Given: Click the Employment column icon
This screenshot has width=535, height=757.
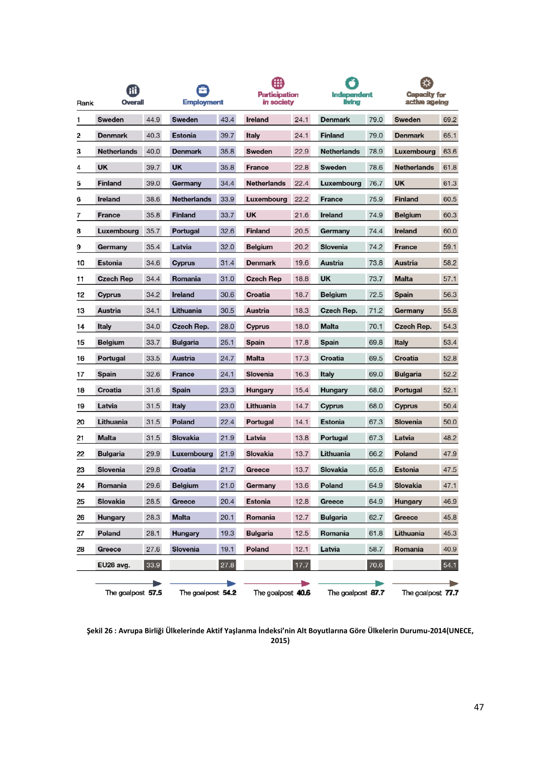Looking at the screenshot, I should pyautogui.click(x=202, y=90).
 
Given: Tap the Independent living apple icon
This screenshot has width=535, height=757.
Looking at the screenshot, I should pyautogui.click(x=352, y=83).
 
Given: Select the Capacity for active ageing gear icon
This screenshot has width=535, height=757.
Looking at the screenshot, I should pyautogui.click(x=426, y=83).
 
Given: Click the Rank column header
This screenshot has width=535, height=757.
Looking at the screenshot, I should pyautogui.click(x=85, y=103).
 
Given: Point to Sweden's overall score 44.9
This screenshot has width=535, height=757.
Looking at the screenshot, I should pyautogui.click(x=153, y=120).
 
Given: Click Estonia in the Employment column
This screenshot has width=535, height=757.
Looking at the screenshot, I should pyautogui.click(x=184, y=136).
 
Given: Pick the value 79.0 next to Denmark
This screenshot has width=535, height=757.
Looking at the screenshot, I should pyautogui.click(x=376, y=120).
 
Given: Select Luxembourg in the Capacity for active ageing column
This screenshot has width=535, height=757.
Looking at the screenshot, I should pyautogui.click(x=415, y=151).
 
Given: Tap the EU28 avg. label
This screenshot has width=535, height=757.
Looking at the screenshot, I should pyautogui.click(x=114, y=565).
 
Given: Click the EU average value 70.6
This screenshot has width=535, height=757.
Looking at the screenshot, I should pyautogui.click(x=376, y=565).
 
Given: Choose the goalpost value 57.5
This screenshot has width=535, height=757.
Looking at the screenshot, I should pyautogui.click(x=155, y=593).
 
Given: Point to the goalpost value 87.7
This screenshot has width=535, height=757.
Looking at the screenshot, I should pyautogui.click(x=377, y=593).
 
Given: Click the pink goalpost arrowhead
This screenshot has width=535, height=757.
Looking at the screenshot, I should pyautogui.click(x=305, y=583).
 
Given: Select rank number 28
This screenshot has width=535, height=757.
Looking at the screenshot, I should pyautogui.click(x=81, y=549).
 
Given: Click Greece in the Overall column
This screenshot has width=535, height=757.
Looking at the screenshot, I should pyautogui.click(x=109, y=549).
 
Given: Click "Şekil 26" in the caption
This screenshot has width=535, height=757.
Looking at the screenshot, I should pyautogui.click(x=99, y=630).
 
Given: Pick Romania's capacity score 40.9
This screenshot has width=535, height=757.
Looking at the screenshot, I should pyautogui.click(x=450, y=549).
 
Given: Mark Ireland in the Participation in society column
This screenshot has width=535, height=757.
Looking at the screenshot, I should pyautogui.click(x=257, y=120).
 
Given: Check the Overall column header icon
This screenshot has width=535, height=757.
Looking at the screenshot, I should pyautogui.click(x=133, y=90).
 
